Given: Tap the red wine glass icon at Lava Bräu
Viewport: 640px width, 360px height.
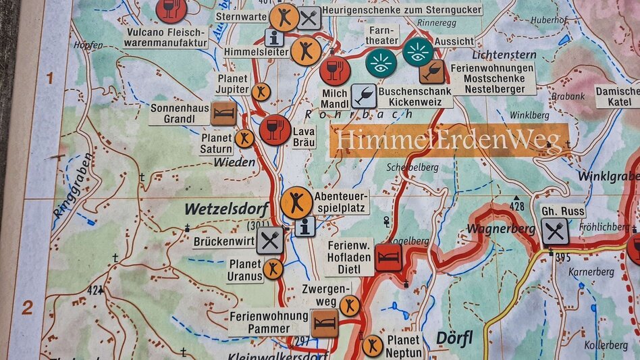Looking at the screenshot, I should point(275,130).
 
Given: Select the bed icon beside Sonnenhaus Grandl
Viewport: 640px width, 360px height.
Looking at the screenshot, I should point(223,113).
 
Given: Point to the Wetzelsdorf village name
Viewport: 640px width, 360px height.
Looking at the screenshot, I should point(226,209).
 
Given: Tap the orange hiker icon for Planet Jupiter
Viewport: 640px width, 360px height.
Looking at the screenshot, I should point(261,92).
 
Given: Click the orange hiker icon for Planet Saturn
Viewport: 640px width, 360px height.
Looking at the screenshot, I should point(244,138).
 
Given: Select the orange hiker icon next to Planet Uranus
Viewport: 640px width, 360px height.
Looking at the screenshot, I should point(273,269).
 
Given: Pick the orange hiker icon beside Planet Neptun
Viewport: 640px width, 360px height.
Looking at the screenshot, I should point(372,346).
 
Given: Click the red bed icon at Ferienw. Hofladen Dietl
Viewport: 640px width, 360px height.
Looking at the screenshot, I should point(388,257).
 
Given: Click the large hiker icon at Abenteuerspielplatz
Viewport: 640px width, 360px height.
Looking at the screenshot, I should point(296,202).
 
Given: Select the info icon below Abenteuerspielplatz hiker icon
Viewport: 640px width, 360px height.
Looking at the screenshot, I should point(304,226).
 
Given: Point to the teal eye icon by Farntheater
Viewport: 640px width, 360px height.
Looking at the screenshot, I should point(381,63).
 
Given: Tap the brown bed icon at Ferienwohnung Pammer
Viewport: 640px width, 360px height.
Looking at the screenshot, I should point(325,323).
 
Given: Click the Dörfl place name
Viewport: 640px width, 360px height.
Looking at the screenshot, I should point(454,337).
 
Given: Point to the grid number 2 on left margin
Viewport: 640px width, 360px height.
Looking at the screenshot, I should point(27,308).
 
